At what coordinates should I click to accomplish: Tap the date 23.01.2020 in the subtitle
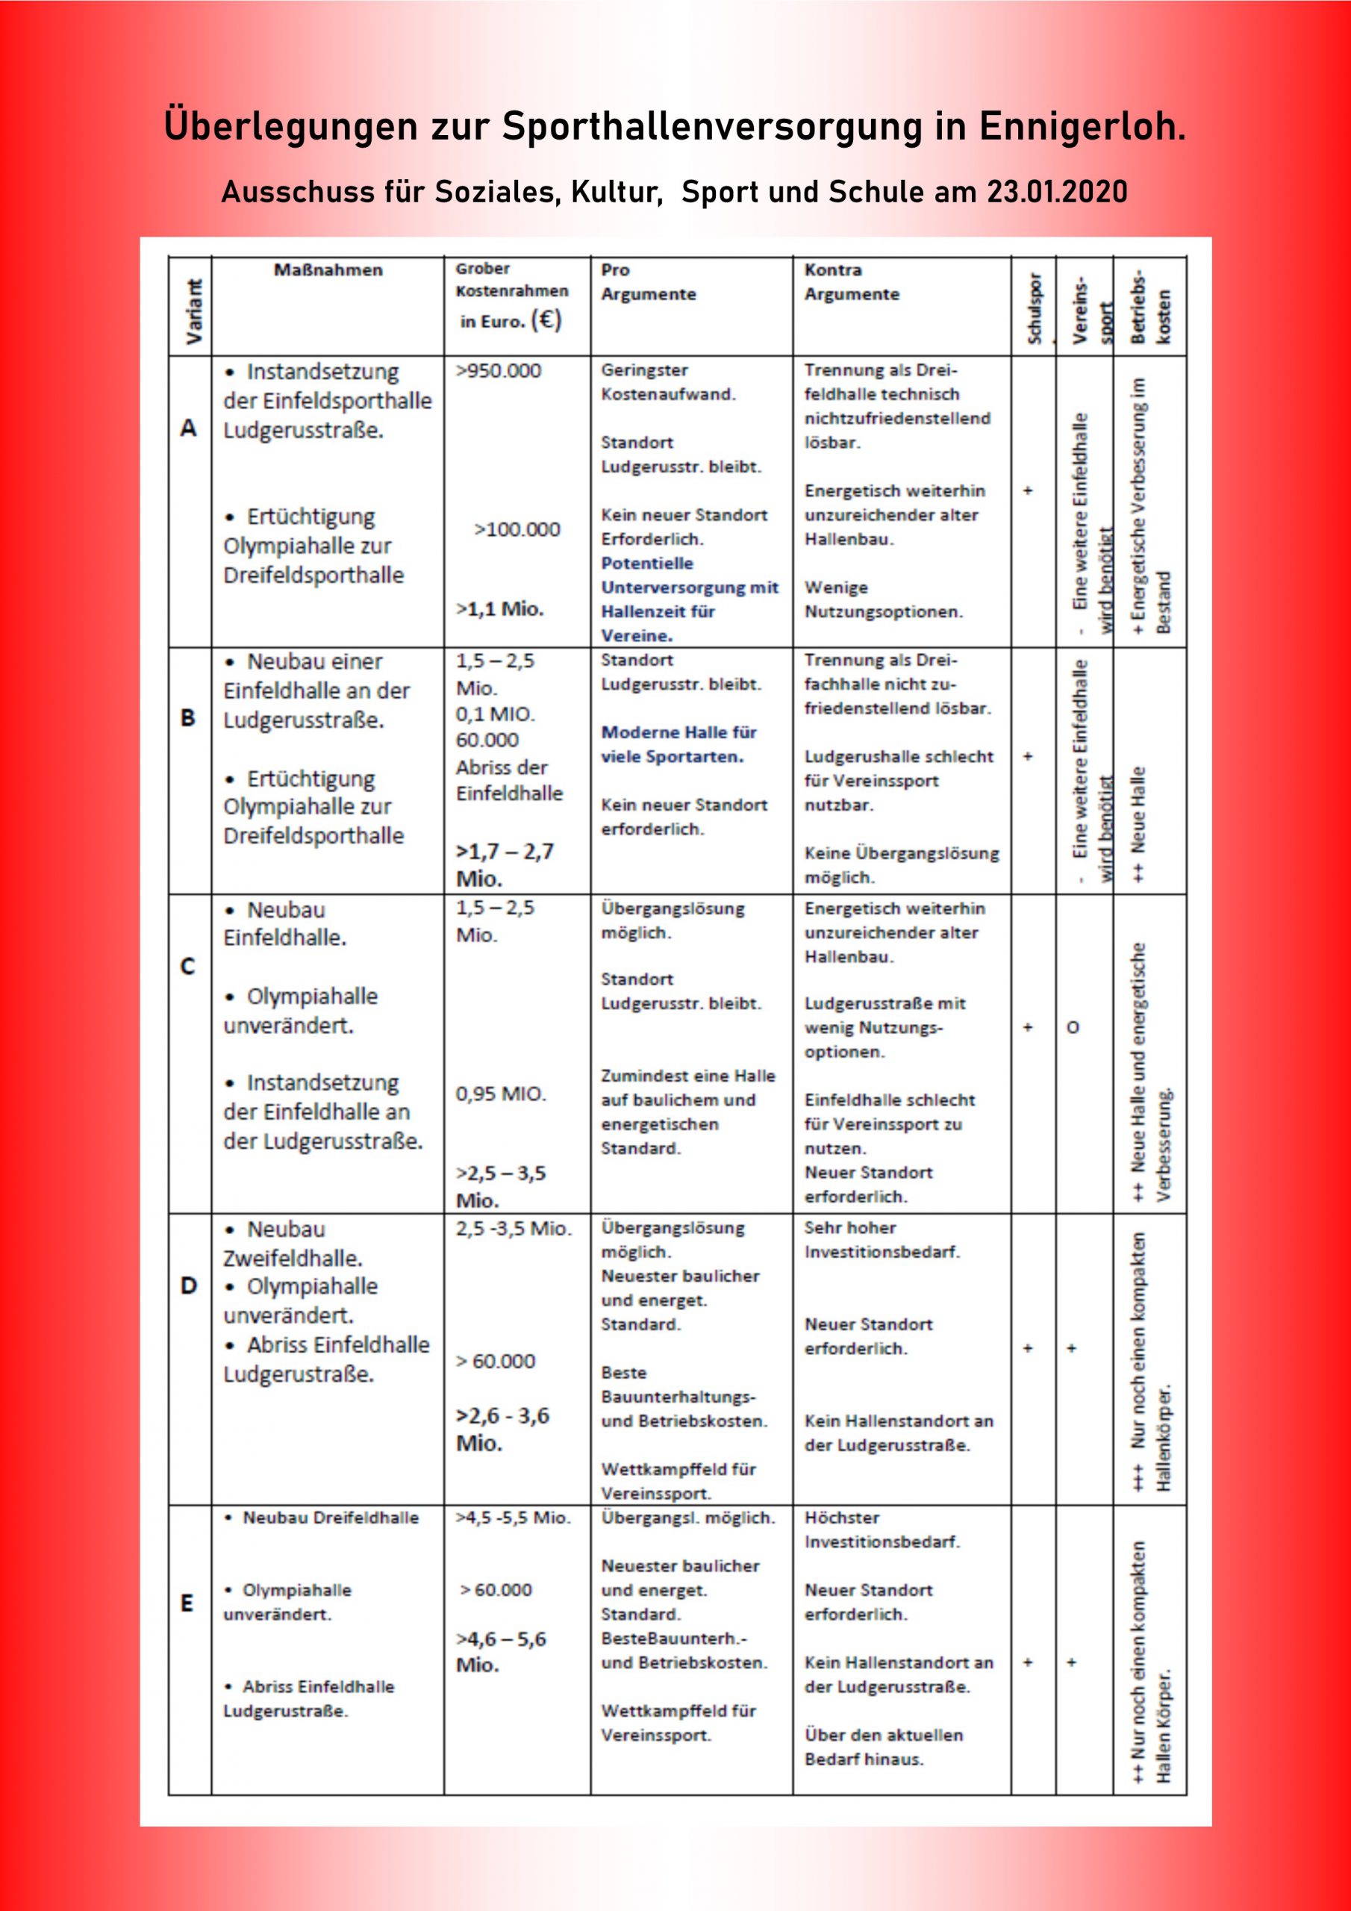click(x=1057, y=193)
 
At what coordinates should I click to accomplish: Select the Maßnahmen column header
click(x=328, y=270)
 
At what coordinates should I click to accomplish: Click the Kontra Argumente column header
click(x=852, y=282)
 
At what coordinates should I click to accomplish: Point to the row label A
click(x=189, y=428)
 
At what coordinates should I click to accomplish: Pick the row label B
click(x=188, y=717)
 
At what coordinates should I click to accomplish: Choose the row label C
click(x=188, y=966)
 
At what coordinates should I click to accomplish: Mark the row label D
click(x=189, y=1286)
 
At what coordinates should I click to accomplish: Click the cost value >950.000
click(x=498, y=371)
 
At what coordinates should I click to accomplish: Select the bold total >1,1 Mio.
click(x=499, y=609)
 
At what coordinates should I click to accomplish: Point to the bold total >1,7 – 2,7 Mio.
click(x=505, y=864)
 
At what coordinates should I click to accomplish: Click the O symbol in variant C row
click(x=1073, y=1028)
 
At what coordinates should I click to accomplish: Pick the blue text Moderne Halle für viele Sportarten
click(x=678, y=744)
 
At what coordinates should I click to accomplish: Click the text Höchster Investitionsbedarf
click(x=882, y=1530)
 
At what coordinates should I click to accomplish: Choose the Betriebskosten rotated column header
click(x=1150, y=306)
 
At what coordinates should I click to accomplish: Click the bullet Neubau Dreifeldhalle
click(x=331, y=1518)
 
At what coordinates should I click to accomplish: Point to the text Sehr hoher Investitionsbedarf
click(x=882, y=1240)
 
